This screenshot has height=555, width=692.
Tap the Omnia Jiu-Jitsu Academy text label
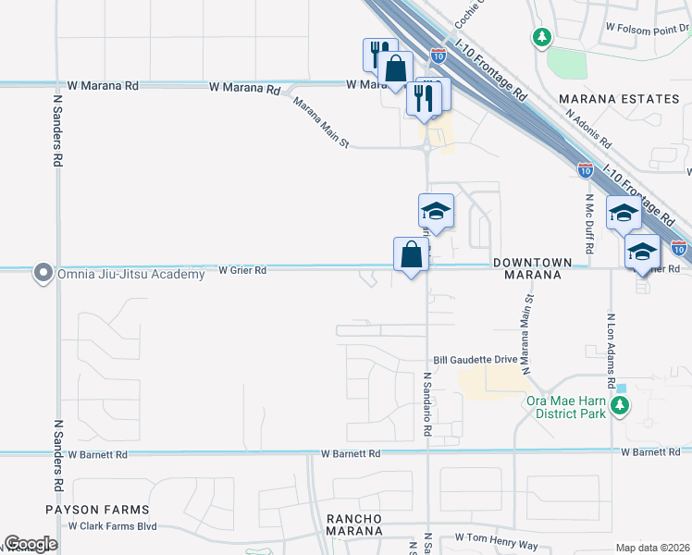click(x=130, y=274)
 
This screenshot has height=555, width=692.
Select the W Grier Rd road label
click(x=242, y=270)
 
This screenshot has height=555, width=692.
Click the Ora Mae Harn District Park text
click(x=565, y=407)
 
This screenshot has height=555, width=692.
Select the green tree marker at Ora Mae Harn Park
click(x=624, y=404)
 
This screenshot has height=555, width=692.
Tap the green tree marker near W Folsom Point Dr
click(x=542, y=38)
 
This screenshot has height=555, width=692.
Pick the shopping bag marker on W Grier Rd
click(x=410, y=255)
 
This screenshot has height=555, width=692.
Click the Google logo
click(x=31, y=544)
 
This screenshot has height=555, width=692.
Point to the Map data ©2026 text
click(x=653, y=547)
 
